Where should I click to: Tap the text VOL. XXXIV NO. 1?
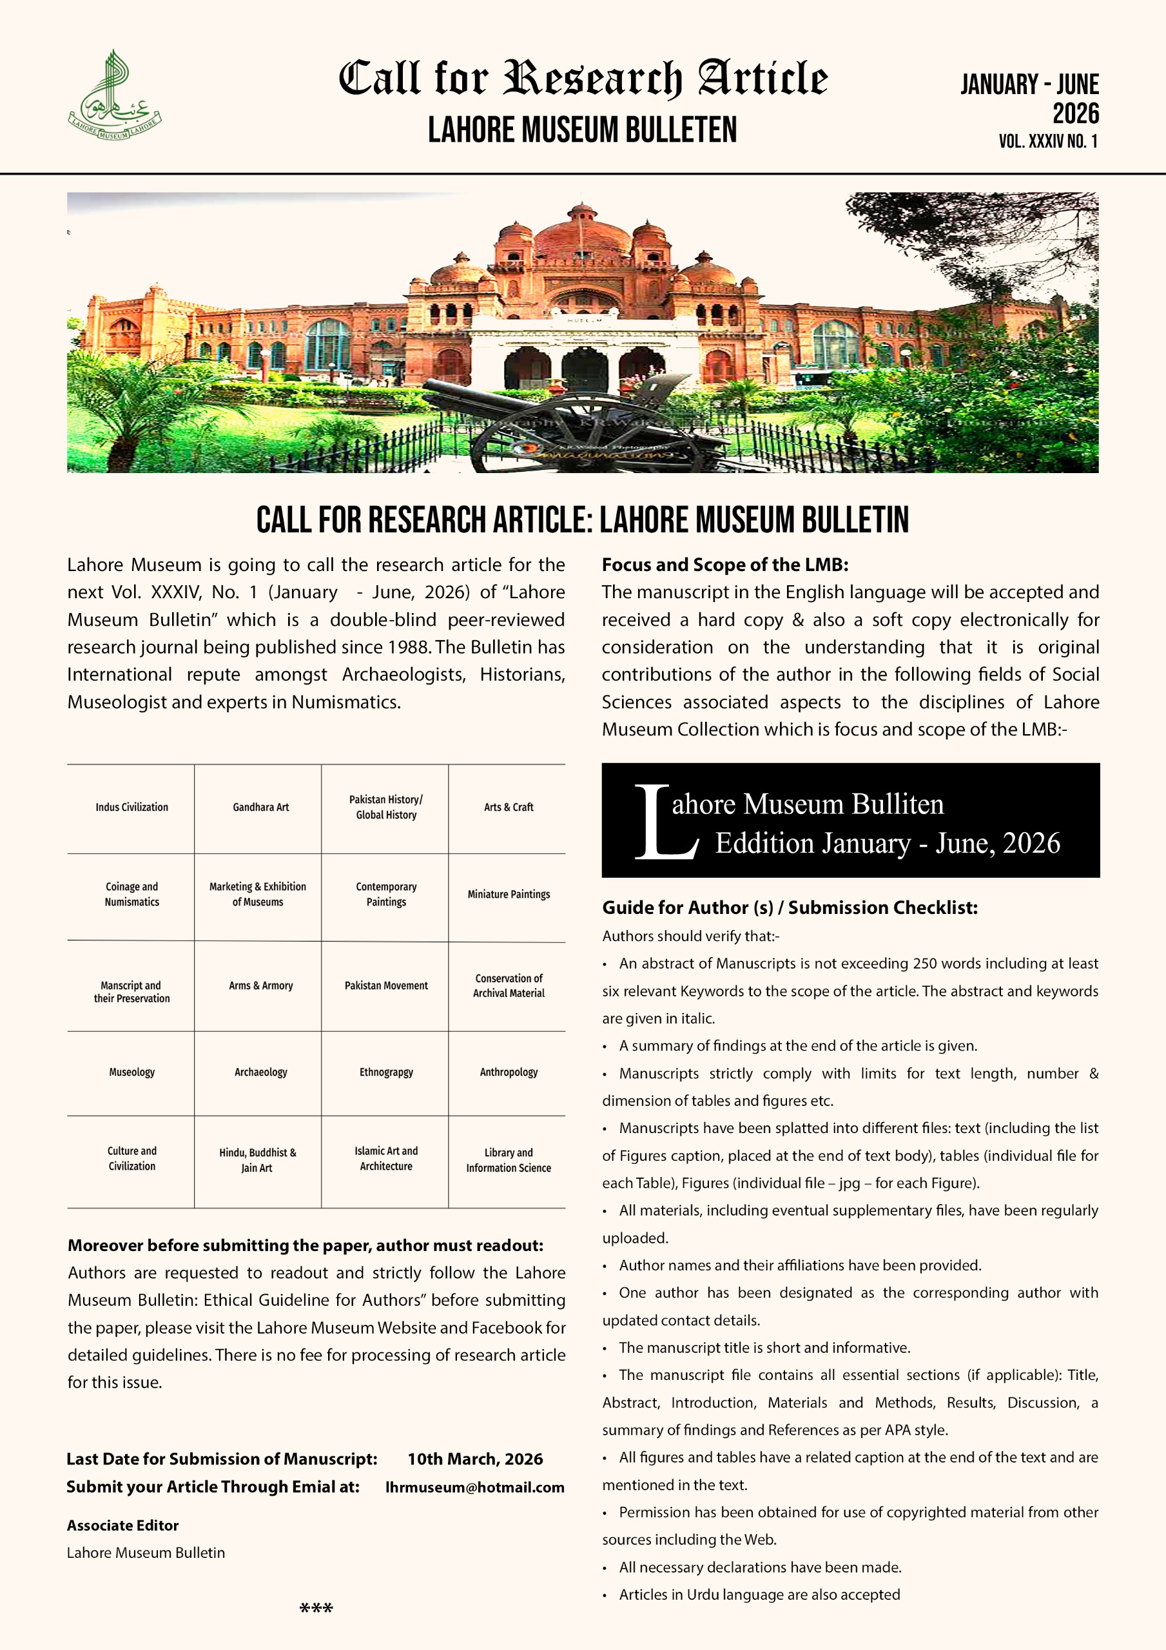pyautogui.click(x=1047, y=142)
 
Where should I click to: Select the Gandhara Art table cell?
pyautogui.click(x=260, y=808)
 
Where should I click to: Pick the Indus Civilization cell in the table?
pyautogui.click(x=131, y=808)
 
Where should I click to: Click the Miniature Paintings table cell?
pyautogui.click(x=509, y=895)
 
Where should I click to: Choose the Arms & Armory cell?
pyautogui.click(x=260, y=986)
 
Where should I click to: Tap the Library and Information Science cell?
pyautogui.click(x=509, y=1160)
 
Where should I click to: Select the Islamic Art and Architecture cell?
pyautogui.click(x=386, y=1158)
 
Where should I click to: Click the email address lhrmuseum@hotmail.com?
pyautogui.click(x=474, y=1488)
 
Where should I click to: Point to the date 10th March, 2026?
pyautogui.click(x=474, y=1459)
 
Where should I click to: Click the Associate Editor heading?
pyautogui.click(x=122, y=1525)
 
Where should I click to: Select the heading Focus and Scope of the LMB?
pyautogui.click(x=724, y=565)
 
